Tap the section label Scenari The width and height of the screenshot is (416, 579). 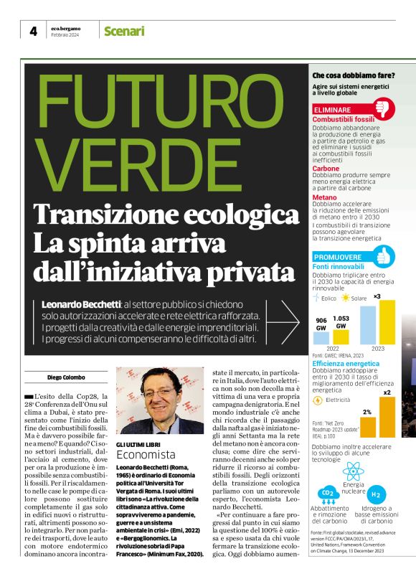tap(124, 31)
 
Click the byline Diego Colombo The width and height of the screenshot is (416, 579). tap(66, 377)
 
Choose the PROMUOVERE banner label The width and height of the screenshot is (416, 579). tap(338, 257)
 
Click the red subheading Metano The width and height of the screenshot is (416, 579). tap(325, 197)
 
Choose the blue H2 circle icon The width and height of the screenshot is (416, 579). tap(376, 494)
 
